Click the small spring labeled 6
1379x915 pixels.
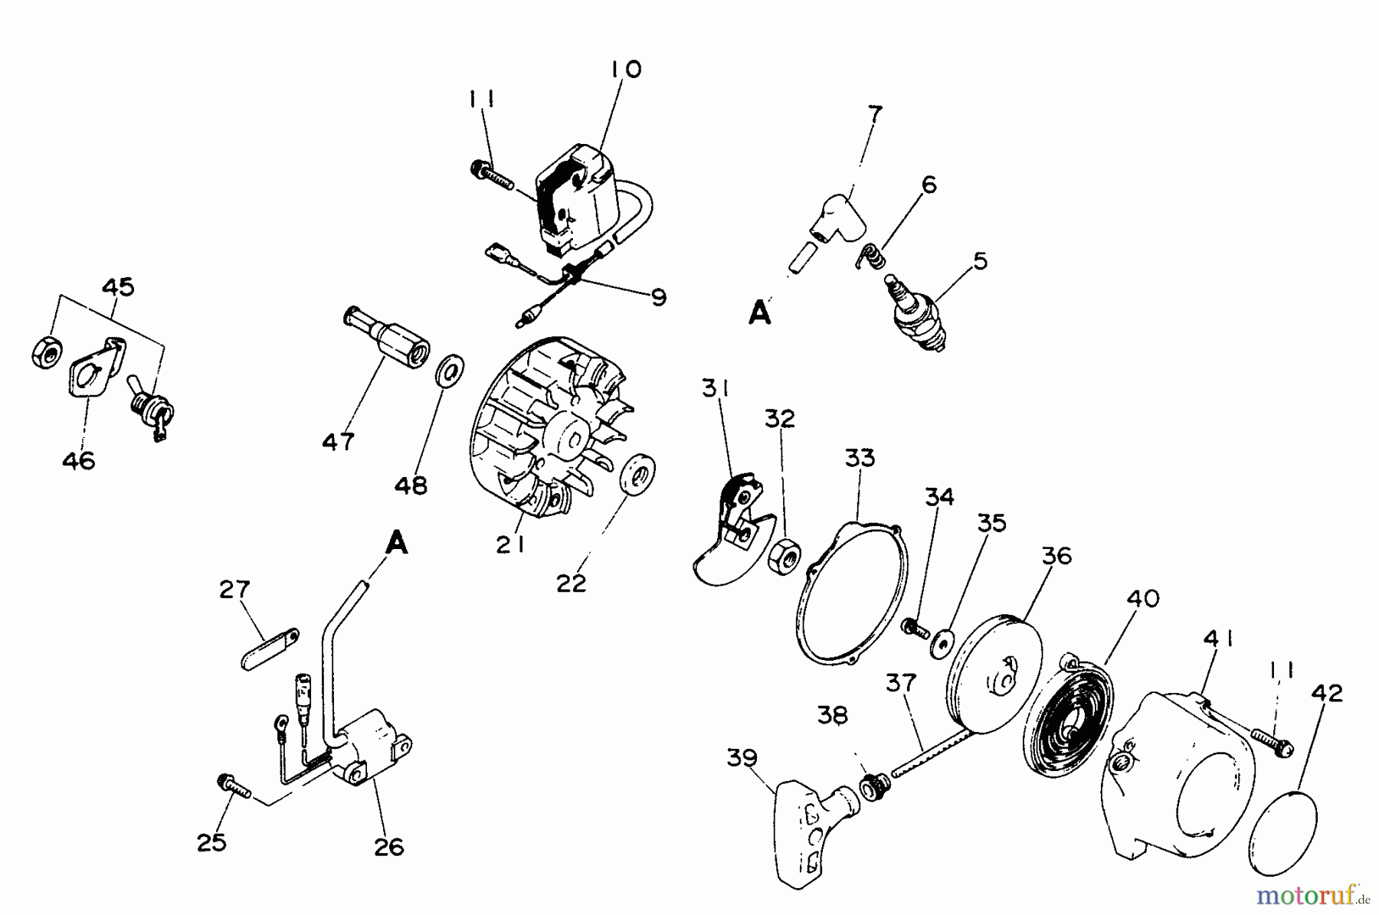tap(870, 257)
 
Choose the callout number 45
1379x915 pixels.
tap(118, 287)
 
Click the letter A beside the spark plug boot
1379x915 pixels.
tap(759, 313)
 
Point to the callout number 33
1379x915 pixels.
tap(860, 458)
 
